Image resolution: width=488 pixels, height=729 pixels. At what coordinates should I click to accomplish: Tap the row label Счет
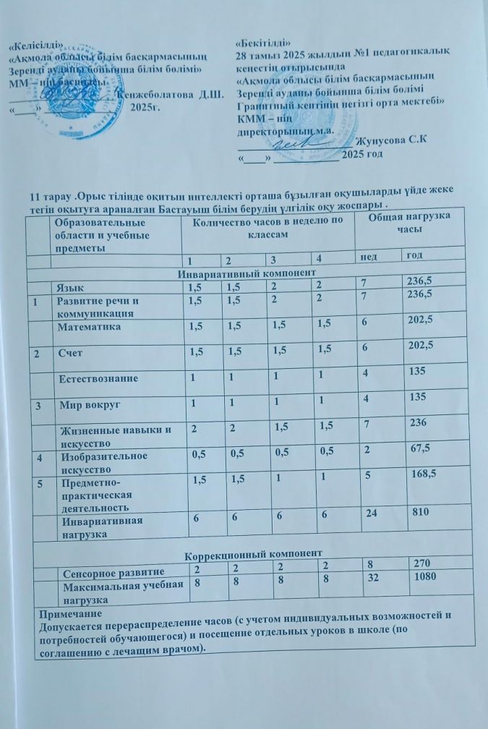pos(68,351)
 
